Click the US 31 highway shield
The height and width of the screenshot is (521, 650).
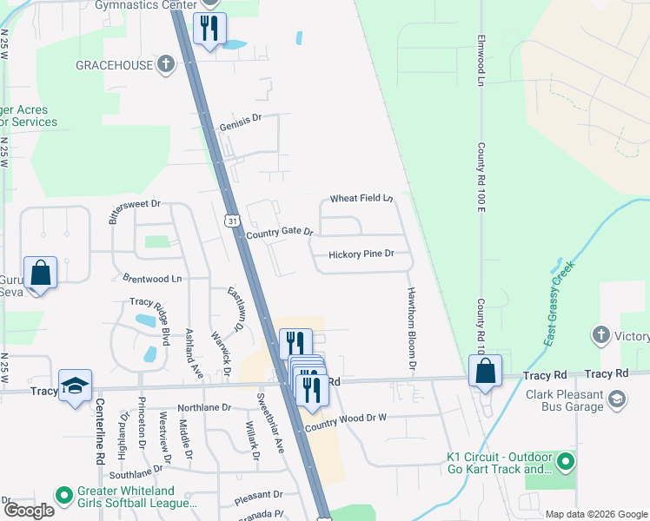coord(232,221)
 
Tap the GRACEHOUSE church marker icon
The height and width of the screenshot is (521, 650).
coord(166,64)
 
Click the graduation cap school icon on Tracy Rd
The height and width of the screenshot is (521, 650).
coord(76,385)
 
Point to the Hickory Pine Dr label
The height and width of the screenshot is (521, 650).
coord(361,254)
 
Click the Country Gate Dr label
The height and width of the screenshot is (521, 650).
coord(279,234)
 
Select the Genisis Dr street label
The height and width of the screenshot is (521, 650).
coord(241,120)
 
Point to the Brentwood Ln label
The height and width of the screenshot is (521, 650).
coord(152,280)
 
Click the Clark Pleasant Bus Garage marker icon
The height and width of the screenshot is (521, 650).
coord(616,399)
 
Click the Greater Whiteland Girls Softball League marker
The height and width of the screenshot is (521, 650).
coord(63,496)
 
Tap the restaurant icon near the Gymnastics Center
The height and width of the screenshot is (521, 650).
coord(209,29)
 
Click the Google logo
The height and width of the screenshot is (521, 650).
coord(29,511)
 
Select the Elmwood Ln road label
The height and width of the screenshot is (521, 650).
coord(480,61)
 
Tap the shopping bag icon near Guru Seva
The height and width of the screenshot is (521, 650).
coord(40,273)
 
